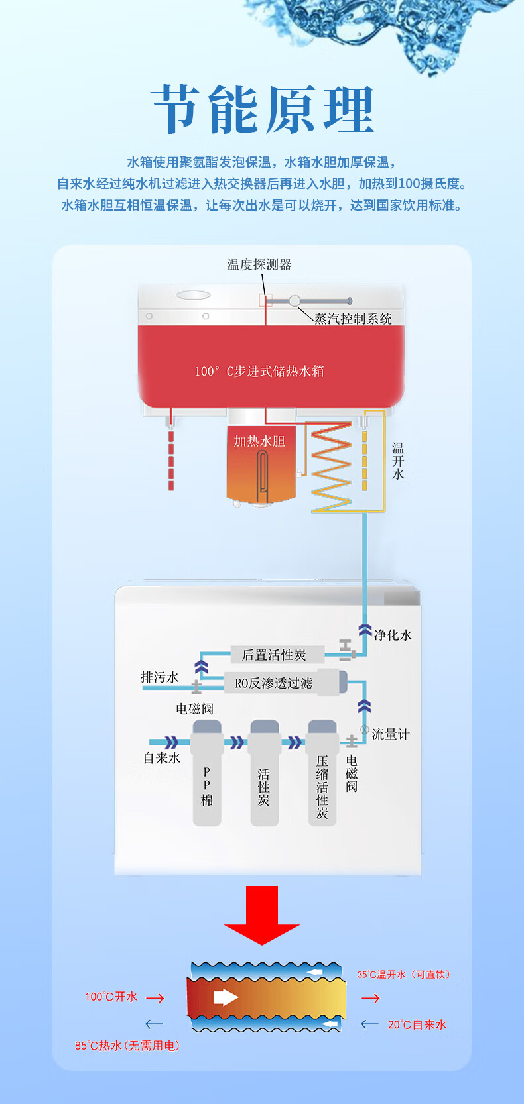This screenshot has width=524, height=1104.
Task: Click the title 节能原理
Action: point(263,110)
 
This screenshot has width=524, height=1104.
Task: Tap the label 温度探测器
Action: point(259,265)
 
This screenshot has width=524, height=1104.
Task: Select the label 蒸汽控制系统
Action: point(353,319)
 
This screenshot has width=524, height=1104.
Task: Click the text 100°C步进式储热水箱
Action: point(259,371)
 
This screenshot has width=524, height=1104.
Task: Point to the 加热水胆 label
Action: point(259,441)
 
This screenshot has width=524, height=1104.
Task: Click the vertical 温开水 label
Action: point(398,461)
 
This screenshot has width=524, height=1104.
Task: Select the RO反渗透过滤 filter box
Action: point(274,683)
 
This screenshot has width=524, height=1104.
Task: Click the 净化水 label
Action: point(393,635)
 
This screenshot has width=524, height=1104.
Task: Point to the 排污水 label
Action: point(160,677)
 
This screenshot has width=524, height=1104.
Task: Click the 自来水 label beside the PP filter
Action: point(162,758)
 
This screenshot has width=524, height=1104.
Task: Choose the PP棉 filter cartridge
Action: point(207,775)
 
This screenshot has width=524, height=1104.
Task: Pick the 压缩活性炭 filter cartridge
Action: point(322,775)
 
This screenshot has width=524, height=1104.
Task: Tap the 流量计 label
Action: point(390,734)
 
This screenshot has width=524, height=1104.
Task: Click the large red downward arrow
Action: point(262,914)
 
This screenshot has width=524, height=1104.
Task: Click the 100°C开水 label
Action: point(111,997)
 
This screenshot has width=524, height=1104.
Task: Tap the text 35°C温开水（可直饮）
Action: point(404,974)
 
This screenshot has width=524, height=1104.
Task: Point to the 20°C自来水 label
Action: point(417,1024)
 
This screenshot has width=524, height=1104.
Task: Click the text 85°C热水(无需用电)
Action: point(127,1046)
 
